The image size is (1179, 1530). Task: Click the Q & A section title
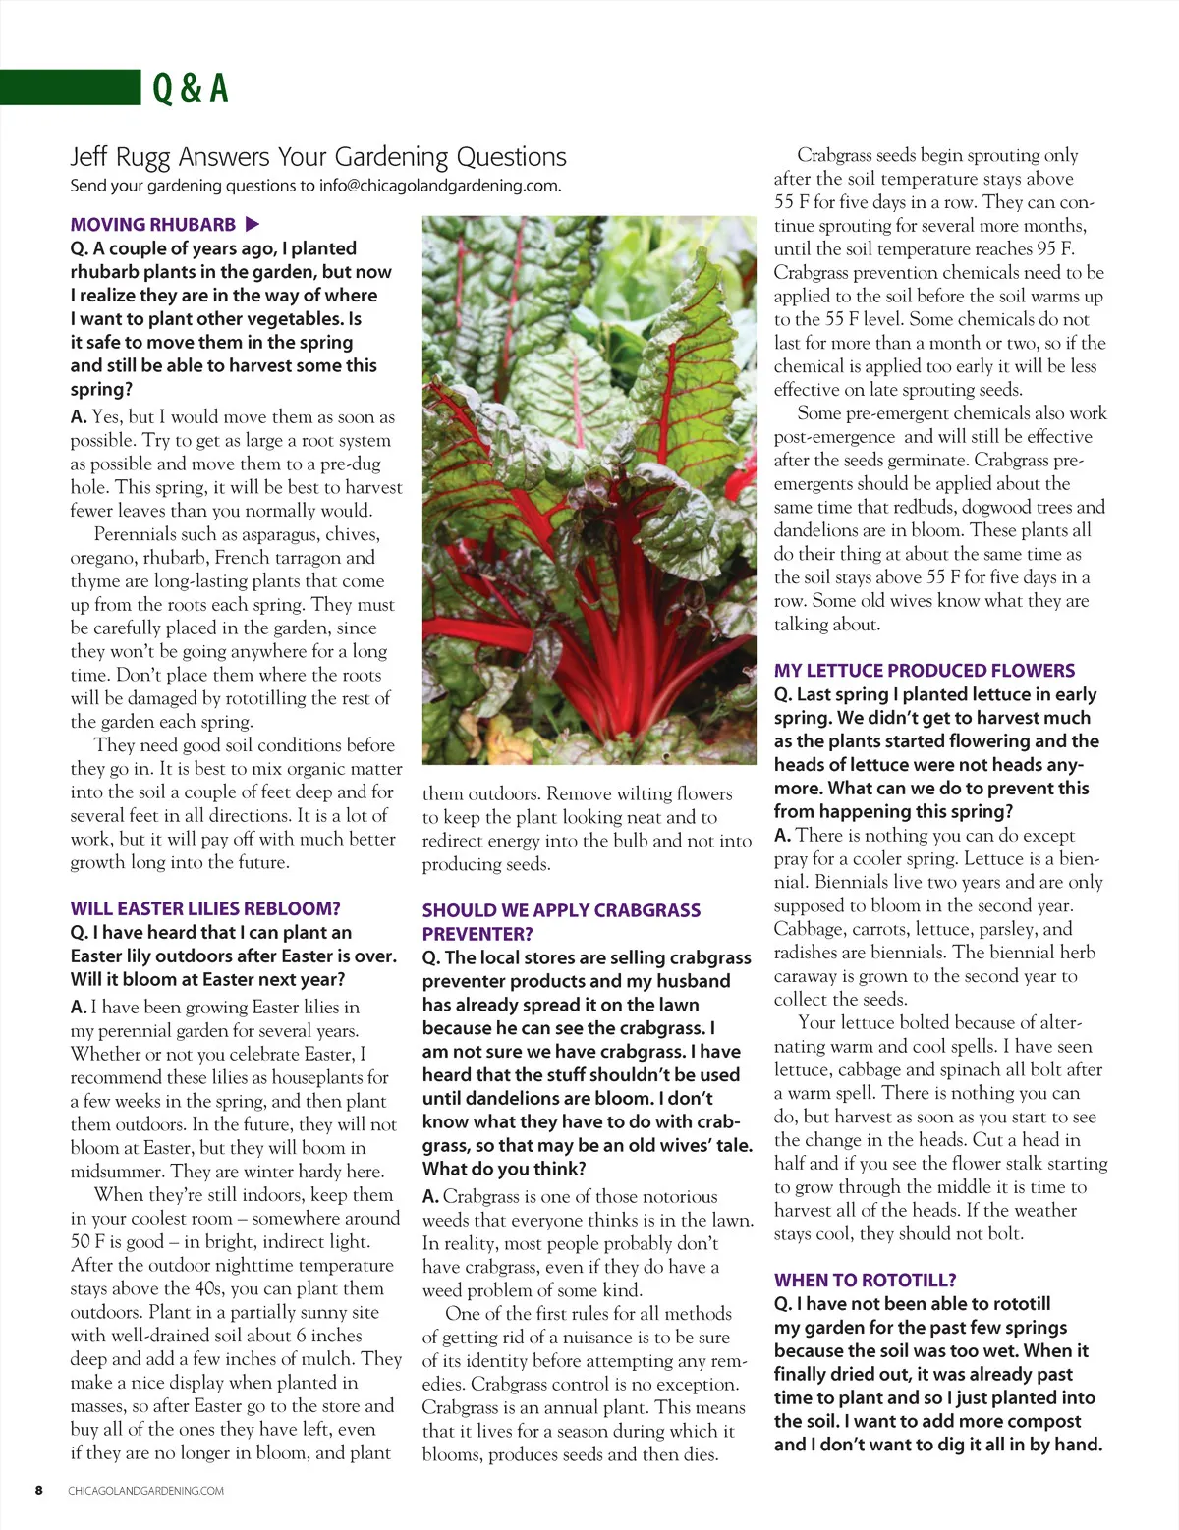coord(191,88)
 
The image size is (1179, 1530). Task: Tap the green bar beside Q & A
coord(70,86)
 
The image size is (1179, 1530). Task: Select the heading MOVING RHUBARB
coord(153,225)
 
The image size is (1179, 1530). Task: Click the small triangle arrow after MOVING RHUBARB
coord(252,224)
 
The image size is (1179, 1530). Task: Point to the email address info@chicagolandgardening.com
coord(439,186)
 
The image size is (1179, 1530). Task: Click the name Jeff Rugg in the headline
coord(120,157)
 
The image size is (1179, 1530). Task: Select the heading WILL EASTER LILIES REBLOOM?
coord(205,909)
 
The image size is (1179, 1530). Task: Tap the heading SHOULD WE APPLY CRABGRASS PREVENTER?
coord(561,922)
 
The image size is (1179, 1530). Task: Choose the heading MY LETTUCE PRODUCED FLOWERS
coord(924,671)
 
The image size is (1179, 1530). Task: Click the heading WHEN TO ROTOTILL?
coord(865,1281)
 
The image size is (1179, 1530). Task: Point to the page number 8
coord(39,1490)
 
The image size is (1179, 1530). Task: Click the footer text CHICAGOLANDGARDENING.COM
coord(145,1491)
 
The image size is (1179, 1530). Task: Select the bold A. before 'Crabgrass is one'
coord(430,1197)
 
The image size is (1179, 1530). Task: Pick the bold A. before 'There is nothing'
coord(782,836)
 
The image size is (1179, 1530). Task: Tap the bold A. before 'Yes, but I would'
coord(79,417)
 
